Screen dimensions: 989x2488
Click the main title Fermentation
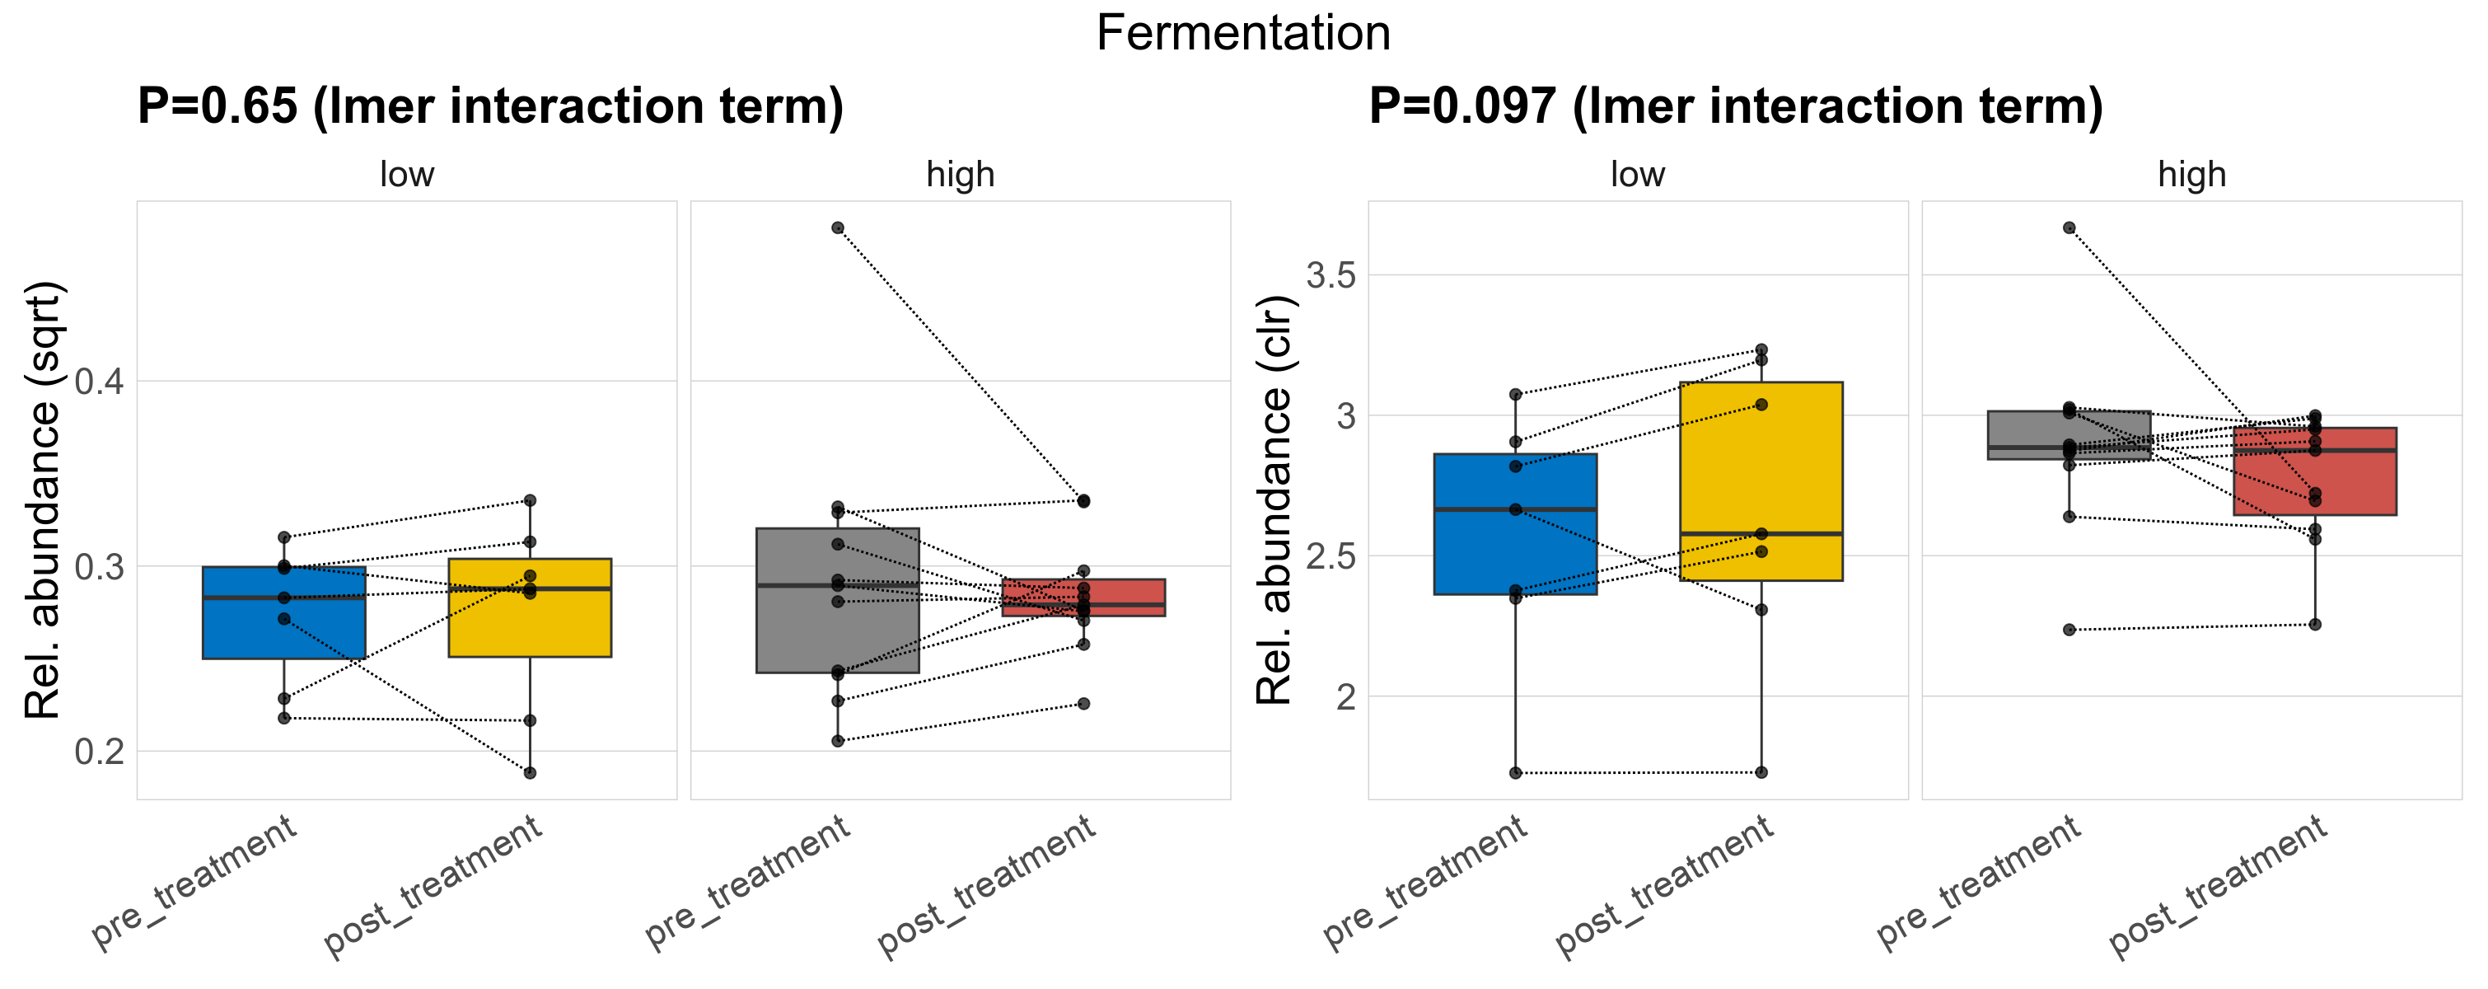click(1243, 34)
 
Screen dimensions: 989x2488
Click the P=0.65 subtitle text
click(489, 106)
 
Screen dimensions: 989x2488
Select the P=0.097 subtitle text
click(1735, 106)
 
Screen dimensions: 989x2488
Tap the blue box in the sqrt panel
click(284, 628)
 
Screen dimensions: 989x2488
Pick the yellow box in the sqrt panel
click(529, 623)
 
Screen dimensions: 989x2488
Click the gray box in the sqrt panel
click(837, 628)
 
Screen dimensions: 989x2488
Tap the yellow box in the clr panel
click(1761, 463)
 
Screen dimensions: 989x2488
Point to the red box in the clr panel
click(2314, 483)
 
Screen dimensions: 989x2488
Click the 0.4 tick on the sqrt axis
click(100, 382)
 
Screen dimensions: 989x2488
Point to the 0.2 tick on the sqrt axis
click(100, 752)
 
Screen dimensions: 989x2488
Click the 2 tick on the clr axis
click(1345, 697)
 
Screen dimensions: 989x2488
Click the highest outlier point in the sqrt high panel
click(837, 228)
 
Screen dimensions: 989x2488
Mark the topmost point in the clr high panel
click(2069, 228)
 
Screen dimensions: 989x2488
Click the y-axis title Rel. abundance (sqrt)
click(43, 500)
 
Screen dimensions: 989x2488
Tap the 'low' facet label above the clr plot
click(1637, 175)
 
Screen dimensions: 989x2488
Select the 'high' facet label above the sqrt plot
click(960, 175)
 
